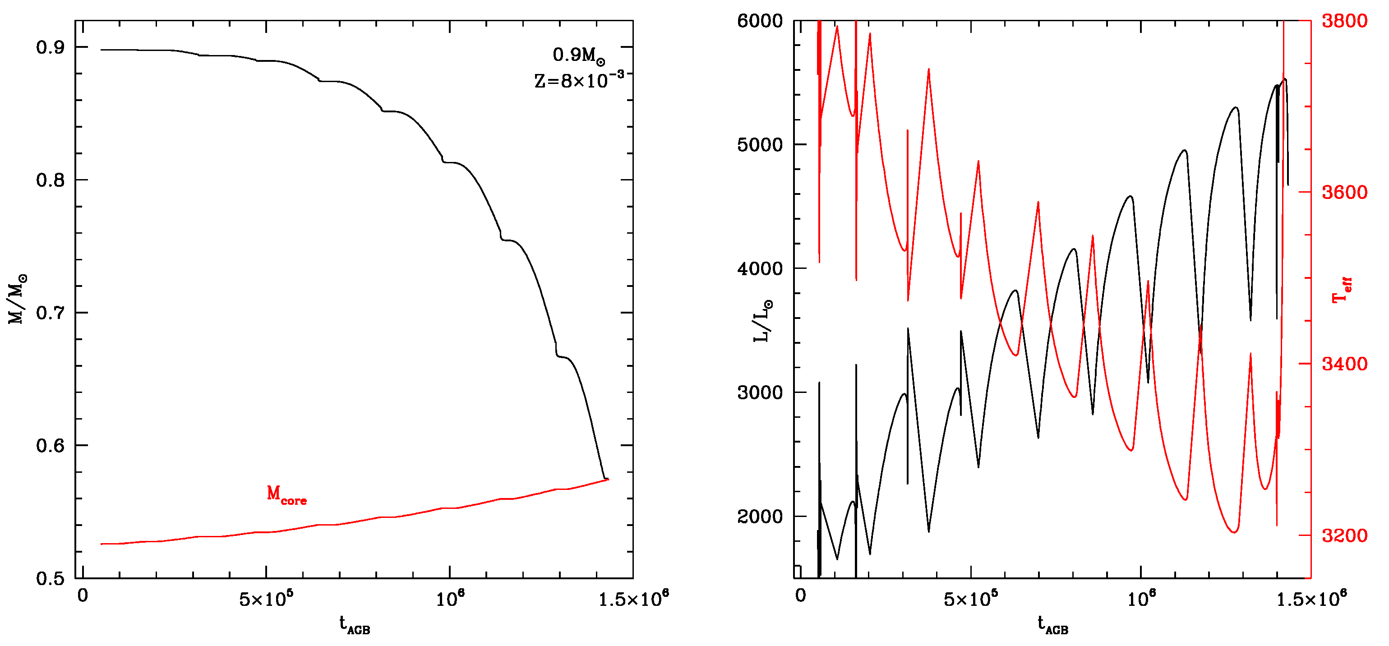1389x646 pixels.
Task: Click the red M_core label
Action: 286,494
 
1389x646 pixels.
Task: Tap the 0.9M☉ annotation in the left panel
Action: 579,55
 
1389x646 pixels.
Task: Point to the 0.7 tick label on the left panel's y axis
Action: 50,313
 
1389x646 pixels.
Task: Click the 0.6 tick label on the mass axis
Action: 50,445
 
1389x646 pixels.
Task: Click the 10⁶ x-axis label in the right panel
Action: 1141,599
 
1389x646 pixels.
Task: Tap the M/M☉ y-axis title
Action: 17,299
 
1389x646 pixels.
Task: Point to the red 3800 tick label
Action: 1344,21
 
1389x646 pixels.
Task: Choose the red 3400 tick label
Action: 1344,364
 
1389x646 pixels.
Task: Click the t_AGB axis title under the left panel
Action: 354,624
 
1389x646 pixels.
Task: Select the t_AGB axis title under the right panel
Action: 1052,624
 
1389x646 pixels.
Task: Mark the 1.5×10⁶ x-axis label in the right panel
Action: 1311,599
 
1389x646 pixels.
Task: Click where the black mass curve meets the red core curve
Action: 607,479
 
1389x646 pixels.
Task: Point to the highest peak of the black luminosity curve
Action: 1286,79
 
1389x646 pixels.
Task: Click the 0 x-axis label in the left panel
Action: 83,596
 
